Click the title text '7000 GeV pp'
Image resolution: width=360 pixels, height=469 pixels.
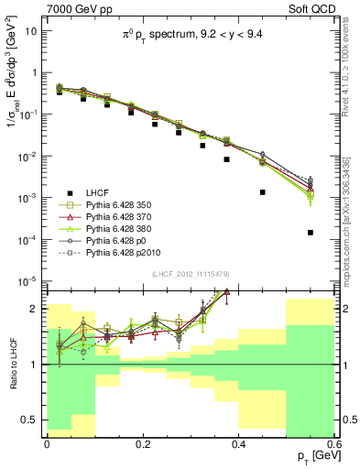click(74, 9)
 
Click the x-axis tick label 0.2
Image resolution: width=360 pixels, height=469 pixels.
click(142, 443)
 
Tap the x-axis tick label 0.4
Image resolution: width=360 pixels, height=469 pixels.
click(238, 443)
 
